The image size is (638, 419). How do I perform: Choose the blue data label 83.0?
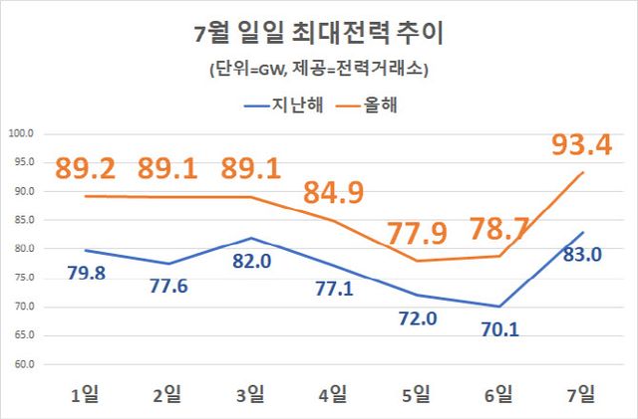581,255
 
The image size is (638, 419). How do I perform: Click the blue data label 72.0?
413,319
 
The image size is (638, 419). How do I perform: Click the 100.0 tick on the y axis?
21,133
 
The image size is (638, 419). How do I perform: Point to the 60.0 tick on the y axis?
23,364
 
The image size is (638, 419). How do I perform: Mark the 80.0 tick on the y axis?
23,249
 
